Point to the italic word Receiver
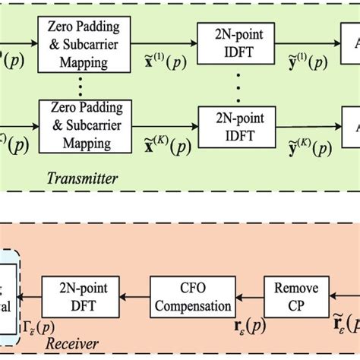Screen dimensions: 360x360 tap(72, 343)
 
